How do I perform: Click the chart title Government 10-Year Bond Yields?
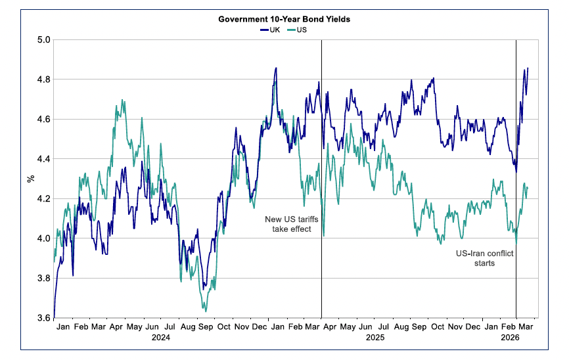(x=284, y=19)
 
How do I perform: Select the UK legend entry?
(x=269, y=30)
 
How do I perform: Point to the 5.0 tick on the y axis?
(x=43, y=40)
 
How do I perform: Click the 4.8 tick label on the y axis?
(x=43, y=79)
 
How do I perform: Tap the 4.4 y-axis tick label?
(x=43, y=159)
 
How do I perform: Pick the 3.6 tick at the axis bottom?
(x=43, y=318)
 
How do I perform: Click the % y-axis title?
(x=30, y=178)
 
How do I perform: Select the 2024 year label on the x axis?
(x=161, y=338)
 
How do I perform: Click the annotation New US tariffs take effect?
(x=287, y=224)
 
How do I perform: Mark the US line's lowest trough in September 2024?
(x=205, y=311)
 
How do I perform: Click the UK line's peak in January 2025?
(x=276, y=68)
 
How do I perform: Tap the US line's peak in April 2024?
(x=123, y=101)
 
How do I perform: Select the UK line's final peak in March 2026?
(x=528, y=68)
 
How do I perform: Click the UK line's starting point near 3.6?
(x=54, y=317)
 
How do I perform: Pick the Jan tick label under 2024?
(x=63, y=326)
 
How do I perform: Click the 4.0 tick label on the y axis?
(x=43, y=238)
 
